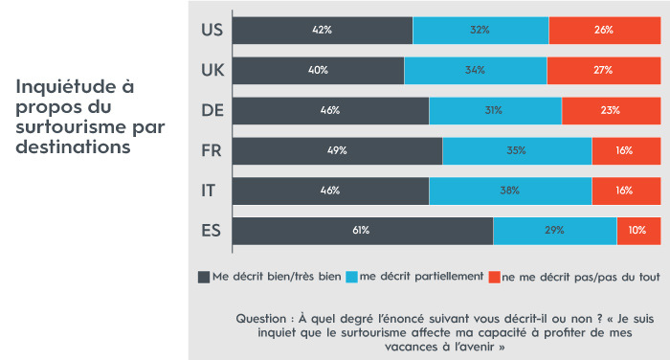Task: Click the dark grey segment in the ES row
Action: click(362, 231)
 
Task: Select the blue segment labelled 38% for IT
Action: click(510, 191)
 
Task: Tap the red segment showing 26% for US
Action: click(604, 30)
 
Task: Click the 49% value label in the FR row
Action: click(336, 150)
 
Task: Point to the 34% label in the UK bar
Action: click(475, 70)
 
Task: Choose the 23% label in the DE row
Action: click(611, 110)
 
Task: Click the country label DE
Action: click(212, 110)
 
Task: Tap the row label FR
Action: click(212, 150)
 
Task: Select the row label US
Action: click(212, 30)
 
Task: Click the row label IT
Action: click(209, 191)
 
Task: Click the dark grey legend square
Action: click(203, 277)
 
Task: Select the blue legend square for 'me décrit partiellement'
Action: click(352, 277)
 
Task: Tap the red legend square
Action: click(495, 277)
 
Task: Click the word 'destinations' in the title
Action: click(73, 147)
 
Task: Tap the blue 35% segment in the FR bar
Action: click(517, 150)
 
